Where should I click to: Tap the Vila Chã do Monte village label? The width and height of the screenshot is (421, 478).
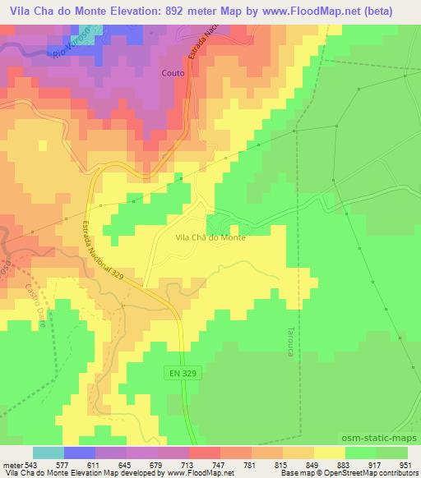210,237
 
